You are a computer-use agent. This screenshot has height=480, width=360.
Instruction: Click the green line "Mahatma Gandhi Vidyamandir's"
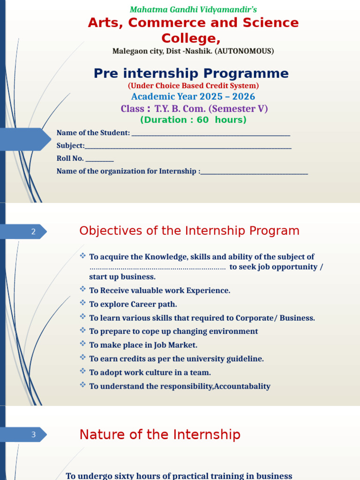pos(193,10)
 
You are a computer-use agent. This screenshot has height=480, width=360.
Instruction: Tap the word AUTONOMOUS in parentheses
pos(244,51)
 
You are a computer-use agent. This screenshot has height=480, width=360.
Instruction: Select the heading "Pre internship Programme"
pos(191,74)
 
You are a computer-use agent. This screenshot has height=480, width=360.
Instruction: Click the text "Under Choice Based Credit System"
pos(193,86)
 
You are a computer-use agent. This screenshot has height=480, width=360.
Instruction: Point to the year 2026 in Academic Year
pos(243,97)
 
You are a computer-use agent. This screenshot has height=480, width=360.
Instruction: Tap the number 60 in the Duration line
pos(202,120)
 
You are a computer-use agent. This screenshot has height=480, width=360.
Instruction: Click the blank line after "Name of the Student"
pos(211,135)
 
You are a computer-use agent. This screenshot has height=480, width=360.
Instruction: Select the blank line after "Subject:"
pos(188,149)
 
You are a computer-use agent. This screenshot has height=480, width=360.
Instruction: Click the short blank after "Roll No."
pos(100,161)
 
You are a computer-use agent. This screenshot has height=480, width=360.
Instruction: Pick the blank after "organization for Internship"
pos(254,174)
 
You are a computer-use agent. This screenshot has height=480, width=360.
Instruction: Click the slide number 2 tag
pos(33,232)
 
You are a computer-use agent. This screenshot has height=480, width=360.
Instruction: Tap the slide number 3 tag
pos(33,435)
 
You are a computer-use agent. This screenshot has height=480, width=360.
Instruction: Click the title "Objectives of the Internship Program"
pos(189,231)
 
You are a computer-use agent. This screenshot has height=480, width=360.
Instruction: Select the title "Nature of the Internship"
pos(160,435)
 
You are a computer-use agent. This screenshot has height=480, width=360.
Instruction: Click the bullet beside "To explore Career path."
pos(82,303)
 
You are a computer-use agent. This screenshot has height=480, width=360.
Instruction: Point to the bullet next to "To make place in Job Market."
pos(82,344)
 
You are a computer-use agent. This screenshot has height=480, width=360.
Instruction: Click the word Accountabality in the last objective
pos(242,386)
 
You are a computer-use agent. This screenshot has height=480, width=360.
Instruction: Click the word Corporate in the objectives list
pos(255,318)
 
